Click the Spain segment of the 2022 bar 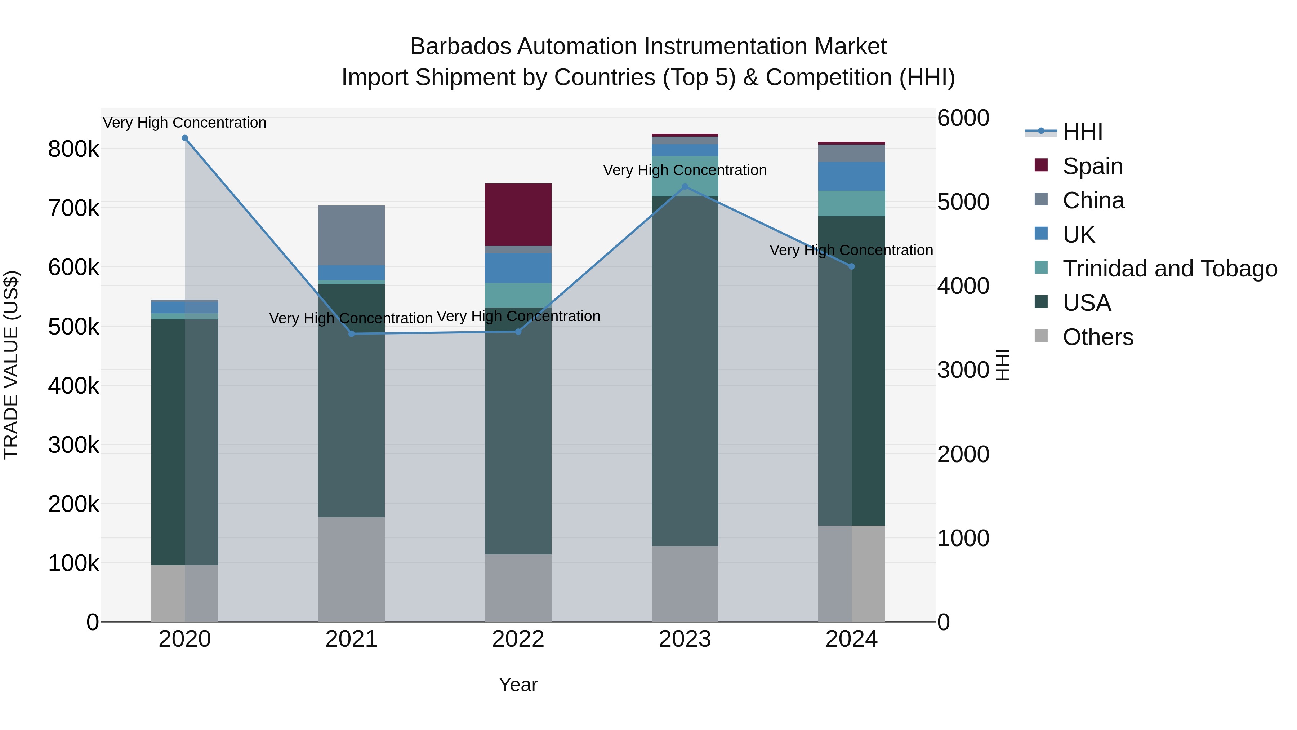tap(518, 214)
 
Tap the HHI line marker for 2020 tap(185, 138)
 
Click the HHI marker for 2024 tap(851, 266)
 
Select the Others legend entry tap(1098, 337)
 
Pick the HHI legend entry tap(1083, 132)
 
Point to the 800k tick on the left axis tap(73, 150)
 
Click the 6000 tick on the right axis tap(963, 118)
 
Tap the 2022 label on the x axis tap(518, 639)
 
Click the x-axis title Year tap(518, 685)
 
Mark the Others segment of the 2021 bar tap(351, 569)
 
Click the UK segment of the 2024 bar tap(851, 176)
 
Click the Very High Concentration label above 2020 tap(185, 123)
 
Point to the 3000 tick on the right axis tap(963, 370)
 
